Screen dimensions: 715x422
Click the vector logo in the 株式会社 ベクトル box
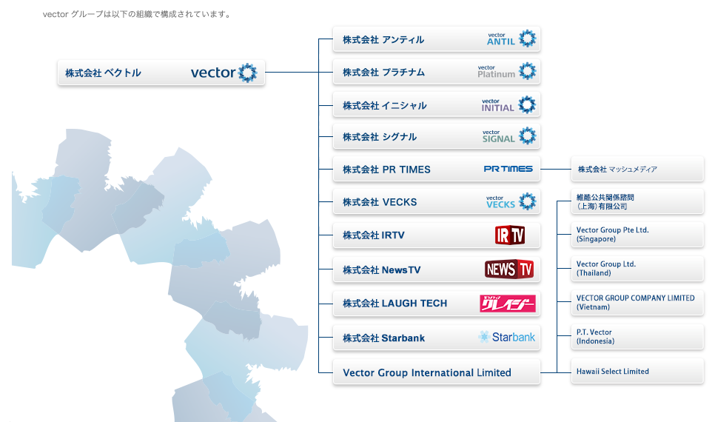[x=224, y=73]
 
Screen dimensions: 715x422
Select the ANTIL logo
[x=510, y=38]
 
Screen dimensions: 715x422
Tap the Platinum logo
[x=506, y=71]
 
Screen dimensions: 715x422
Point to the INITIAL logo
[x=508, y=105]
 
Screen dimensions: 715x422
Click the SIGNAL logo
[x=508, y=136]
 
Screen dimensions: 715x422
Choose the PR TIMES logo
[x=508, y=169]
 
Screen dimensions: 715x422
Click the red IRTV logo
[x=509, y=235]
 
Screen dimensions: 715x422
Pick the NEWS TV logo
[x=509, y=269]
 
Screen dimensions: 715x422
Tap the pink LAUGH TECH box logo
[x=508, y=304]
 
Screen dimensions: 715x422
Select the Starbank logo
[x=507, y=338]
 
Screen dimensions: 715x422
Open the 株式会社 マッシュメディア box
[x=637, y=170]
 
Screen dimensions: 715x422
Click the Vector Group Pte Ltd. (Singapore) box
[x=637, y=235]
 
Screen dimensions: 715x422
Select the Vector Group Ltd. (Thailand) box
[x=637, y=269]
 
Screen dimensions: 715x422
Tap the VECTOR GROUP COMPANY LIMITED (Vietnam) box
[x=637, y=303]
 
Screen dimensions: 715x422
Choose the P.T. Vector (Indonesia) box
[x=637, y=337]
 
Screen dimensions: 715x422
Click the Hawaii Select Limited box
[x=637, y=372]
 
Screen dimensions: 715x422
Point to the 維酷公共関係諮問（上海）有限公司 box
[x=637, y=201]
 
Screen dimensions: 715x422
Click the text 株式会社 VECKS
[x=380, y=202]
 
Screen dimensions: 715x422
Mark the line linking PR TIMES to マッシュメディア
[x=555, y=170]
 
